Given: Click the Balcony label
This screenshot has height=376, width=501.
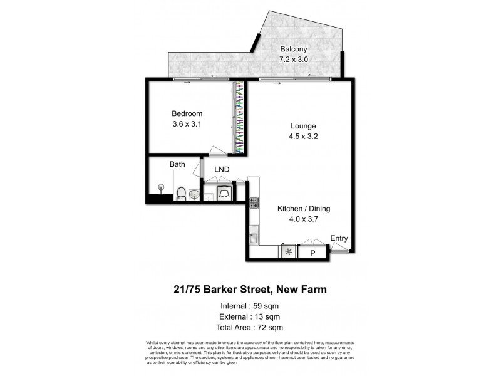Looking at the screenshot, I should click(293, 50).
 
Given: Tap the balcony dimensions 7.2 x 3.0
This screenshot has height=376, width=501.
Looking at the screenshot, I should click(293, 60).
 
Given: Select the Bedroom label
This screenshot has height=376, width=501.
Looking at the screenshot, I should click(187, 113).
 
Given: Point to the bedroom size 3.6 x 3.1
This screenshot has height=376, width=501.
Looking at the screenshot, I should click(187, 124).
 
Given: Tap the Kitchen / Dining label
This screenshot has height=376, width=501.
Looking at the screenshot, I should click(304, 209).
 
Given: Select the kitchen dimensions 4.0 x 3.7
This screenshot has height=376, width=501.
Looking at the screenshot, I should click(304, 219).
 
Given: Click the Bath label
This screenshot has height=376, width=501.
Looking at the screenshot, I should click(177, 165).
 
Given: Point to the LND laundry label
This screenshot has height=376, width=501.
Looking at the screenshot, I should click(222, 169).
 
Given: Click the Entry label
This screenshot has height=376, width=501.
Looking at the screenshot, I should click(339, 238).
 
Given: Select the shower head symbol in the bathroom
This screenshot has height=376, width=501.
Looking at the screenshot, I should click(161, 187).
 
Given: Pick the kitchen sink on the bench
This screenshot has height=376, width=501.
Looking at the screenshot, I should click(253, 237).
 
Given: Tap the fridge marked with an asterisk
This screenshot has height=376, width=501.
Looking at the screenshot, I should click(288, 253).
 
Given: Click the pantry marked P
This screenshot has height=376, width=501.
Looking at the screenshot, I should click(312, 253).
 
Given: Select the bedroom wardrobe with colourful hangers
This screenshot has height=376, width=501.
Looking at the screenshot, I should click(239, 117).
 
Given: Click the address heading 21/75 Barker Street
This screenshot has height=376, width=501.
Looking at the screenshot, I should click(250, 290).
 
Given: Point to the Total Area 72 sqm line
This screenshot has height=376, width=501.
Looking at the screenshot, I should click(250, 327).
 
